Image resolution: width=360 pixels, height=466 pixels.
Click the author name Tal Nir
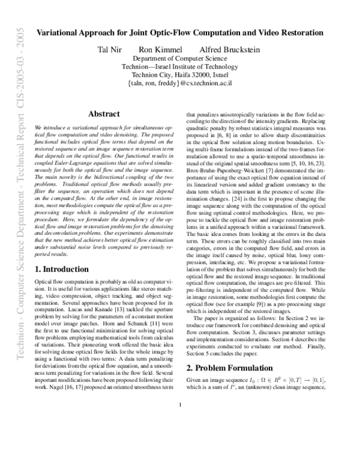[x=110, y=49]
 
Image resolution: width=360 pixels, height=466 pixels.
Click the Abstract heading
[x=103, y=114]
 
